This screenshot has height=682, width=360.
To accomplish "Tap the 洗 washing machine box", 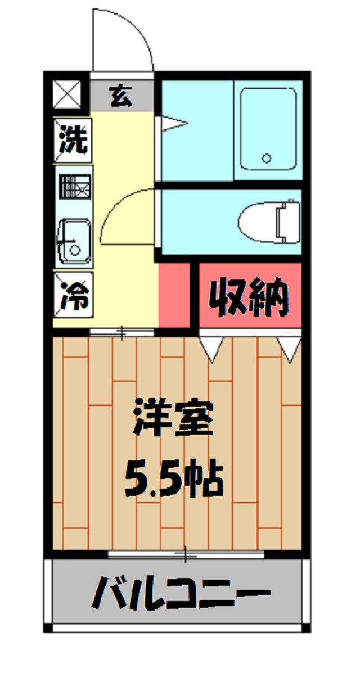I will [x=74, y=140].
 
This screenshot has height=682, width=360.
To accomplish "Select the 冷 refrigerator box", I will [x=74, y=295].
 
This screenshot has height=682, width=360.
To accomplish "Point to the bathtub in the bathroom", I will [x=268, y=129].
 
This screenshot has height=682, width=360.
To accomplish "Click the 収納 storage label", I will [x=249, y=296].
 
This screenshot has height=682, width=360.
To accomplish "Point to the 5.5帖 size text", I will [x=174, y=478].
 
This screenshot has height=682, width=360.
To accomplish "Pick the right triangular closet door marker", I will [x=290, y=349].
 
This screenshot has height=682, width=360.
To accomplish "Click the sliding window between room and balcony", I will [x=186, y=555].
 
